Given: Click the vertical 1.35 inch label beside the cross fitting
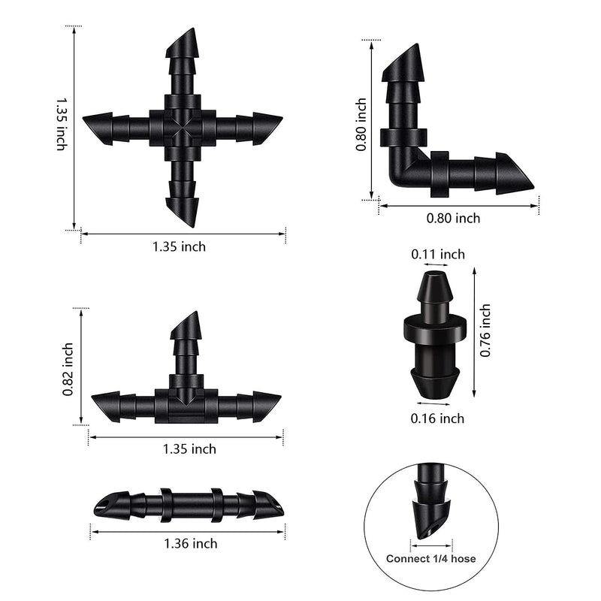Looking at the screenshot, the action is click(x=62, y=124).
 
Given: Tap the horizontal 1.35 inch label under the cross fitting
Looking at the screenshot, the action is click(x=179, y=247).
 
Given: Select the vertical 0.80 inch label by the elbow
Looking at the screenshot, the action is click(x=361, y=125).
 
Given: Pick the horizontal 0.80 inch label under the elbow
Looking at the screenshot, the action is click(x=453, y=219).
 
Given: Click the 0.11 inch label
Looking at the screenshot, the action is click(x=438, y=254).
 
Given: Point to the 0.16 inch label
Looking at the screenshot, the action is click(x=437, y=418).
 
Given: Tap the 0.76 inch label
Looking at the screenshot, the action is click(x=485, y=331).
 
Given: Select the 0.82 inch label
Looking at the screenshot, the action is click(x=68, y=370).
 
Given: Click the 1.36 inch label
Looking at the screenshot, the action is click(x=191, y=543).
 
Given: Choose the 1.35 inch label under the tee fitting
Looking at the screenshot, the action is click(x=189, y=448).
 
